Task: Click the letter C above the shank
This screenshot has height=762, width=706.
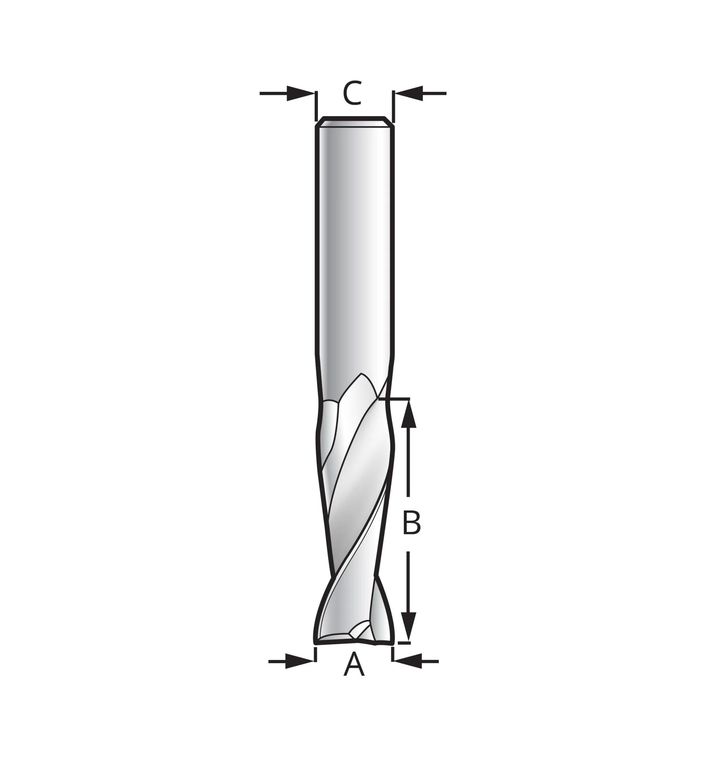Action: [352, 93]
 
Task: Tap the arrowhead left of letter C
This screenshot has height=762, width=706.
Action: [300, 93]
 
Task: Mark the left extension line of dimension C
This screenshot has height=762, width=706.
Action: [316, 105]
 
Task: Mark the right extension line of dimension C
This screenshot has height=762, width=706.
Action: [393, 105]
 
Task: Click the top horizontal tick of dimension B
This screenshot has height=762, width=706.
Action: [397, 399]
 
